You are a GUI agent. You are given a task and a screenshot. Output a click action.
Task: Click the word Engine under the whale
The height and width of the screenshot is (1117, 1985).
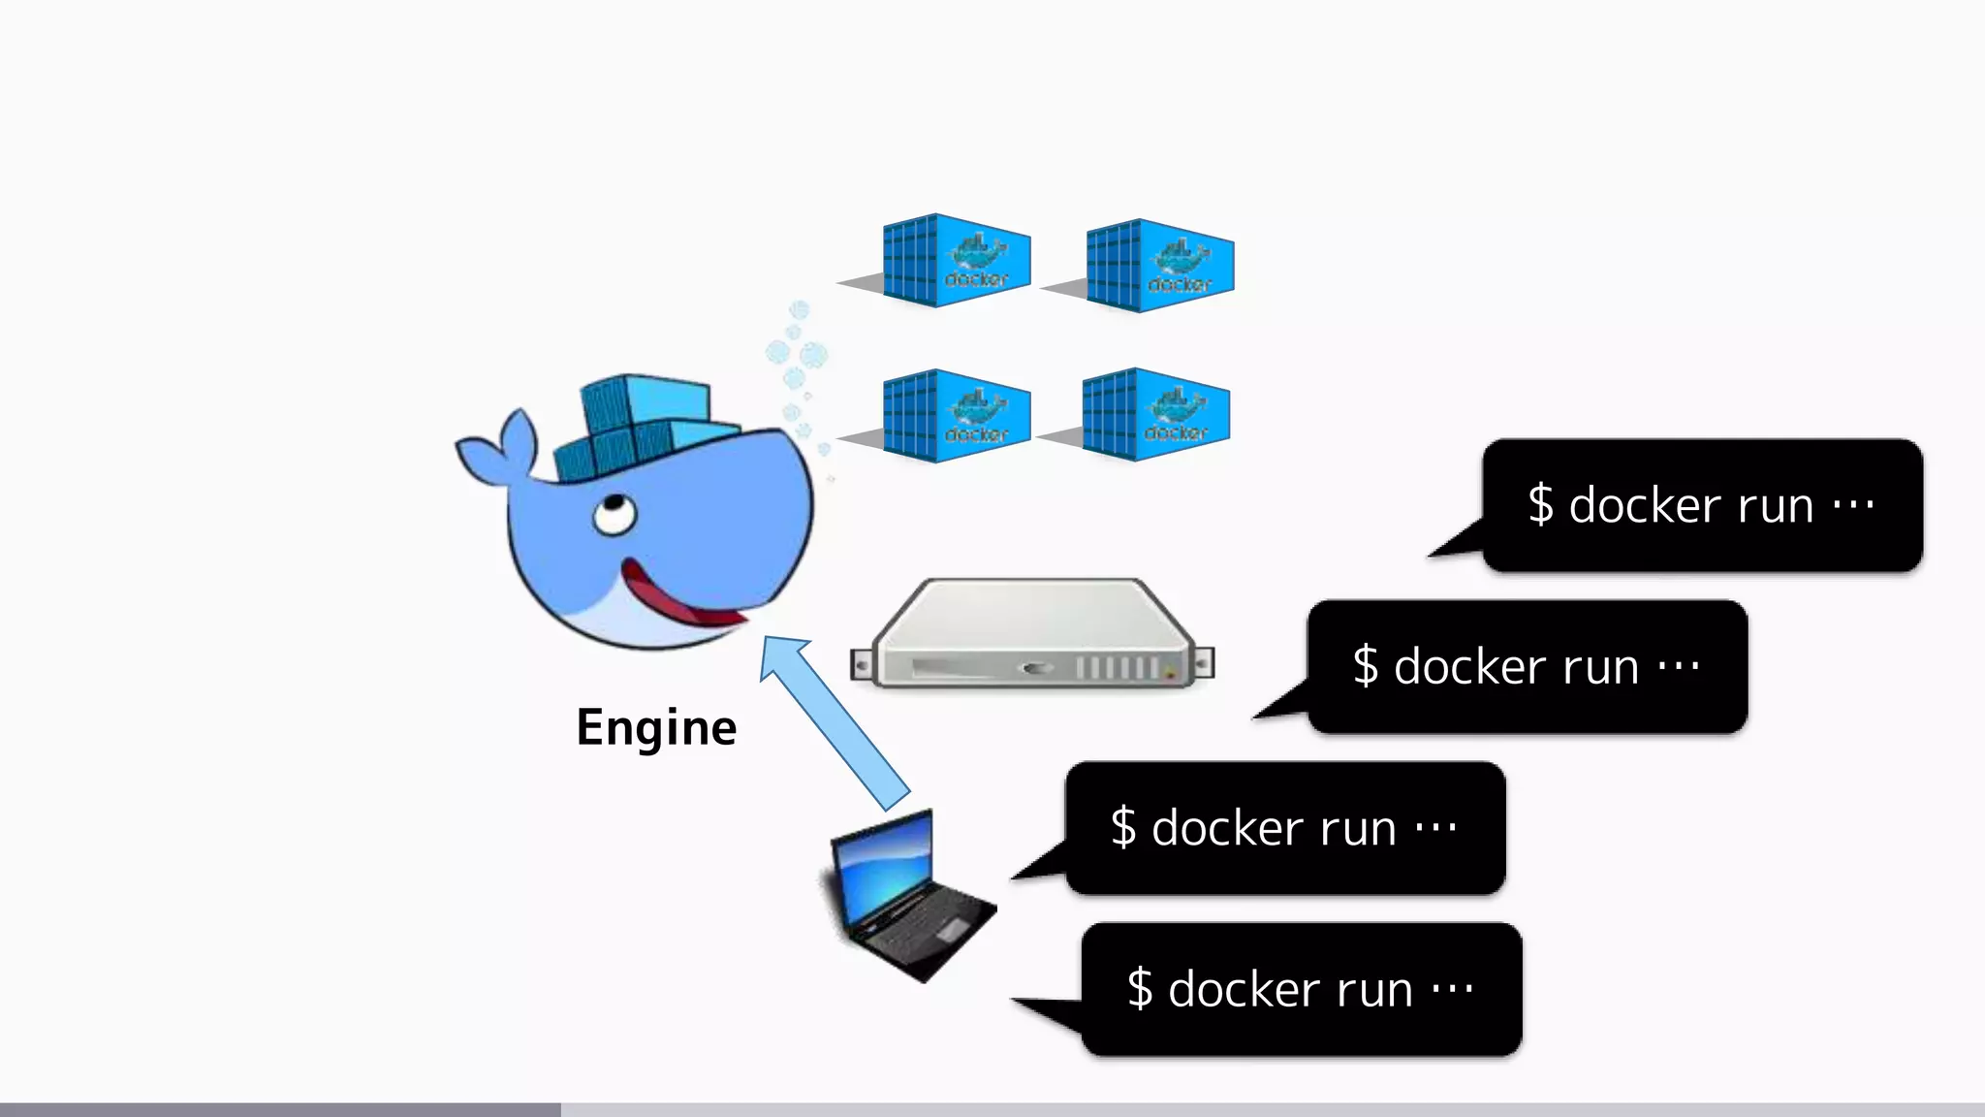point(656,728)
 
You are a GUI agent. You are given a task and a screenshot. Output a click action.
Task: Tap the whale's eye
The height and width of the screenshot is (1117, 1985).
point(614,513)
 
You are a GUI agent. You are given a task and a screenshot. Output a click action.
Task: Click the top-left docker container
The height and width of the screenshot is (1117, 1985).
point(954,260)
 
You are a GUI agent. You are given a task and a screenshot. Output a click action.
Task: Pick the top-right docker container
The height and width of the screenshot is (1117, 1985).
point(1159,266)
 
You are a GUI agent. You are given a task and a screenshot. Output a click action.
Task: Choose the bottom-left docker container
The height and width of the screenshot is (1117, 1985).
point(954,415)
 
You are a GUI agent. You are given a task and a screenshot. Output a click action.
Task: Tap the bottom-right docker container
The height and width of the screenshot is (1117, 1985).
point(1154,414)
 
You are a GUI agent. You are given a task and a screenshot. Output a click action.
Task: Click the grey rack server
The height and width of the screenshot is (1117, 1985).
point(1032,635)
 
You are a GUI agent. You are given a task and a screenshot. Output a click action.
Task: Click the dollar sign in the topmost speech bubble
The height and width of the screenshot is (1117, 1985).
point(1540,505)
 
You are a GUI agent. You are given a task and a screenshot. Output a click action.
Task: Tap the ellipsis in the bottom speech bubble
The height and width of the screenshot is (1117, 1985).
point(1452,990)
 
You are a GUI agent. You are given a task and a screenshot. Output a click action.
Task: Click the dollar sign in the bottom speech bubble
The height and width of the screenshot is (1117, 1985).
point(1140,990)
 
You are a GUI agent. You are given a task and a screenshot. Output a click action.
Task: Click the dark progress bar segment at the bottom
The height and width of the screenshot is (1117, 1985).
point(280,1109)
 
